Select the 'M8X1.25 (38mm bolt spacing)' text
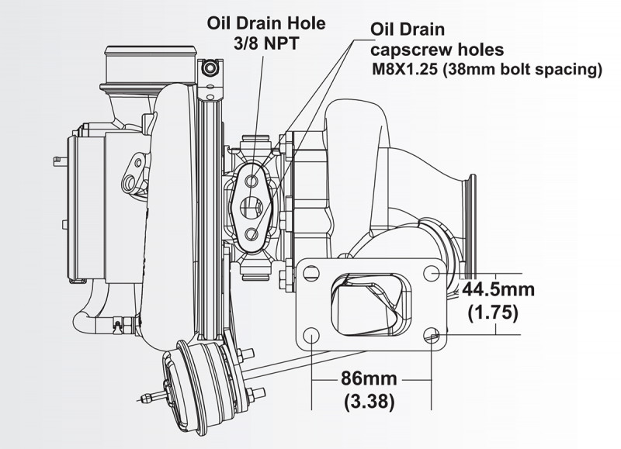(488, 69)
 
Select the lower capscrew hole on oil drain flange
(252, 233)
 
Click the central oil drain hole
(252, 207)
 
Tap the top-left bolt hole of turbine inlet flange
(310, 273)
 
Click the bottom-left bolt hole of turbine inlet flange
(310, 336)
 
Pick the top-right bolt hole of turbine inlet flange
(432, 274)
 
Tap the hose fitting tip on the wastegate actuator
(145, 399)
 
